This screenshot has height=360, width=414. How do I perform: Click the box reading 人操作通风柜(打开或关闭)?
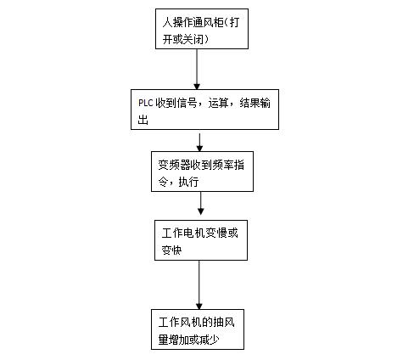coord(202,29)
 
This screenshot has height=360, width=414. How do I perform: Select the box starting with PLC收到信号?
coord(204,110)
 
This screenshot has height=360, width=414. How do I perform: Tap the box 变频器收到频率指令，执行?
coord(202,172)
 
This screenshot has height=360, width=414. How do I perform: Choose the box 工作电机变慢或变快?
coord(201,240)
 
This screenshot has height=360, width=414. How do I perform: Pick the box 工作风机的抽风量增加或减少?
coord(198,329)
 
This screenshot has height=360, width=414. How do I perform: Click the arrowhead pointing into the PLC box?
coord(197,87)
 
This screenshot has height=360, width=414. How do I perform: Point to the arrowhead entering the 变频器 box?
coord(199,149)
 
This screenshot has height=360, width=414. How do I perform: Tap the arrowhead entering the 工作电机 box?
coord(201,211)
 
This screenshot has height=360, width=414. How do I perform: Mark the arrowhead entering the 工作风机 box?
coord(199,307)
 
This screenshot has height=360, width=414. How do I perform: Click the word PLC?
coord(146,103)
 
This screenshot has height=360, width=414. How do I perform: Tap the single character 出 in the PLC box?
coord(143,120)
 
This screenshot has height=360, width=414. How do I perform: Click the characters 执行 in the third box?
coord(188,182)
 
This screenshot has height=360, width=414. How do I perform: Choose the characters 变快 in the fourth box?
coord(171,250)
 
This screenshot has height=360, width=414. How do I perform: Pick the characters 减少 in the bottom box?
coord(210,340)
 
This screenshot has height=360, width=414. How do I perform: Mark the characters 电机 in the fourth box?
coord(193,233)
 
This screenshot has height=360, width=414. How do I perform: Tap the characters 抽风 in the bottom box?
coord(224,323)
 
